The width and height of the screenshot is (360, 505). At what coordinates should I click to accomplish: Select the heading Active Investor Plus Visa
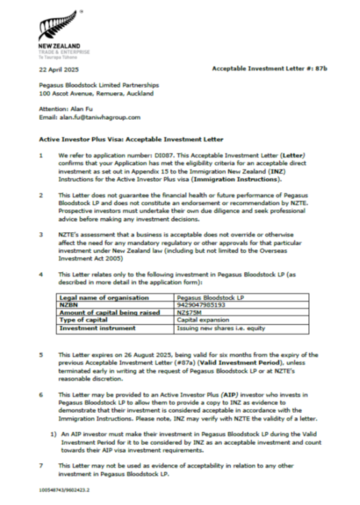[x=131, y=140]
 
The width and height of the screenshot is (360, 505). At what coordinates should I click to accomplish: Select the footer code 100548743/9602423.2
[x=65, y=489]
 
